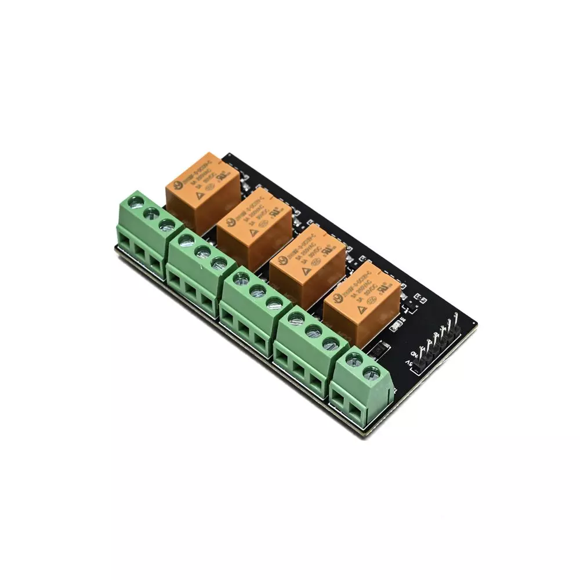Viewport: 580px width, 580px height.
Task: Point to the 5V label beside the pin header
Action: tap(409, 365)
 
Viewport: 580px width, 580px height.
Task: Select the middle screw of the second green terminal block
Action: tap(202, 251)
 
